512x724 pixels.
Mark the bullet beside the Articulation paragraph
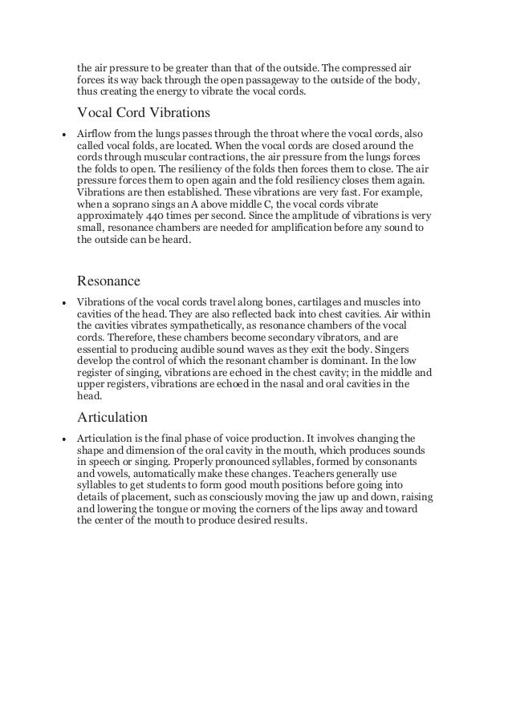pos(63,439)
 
